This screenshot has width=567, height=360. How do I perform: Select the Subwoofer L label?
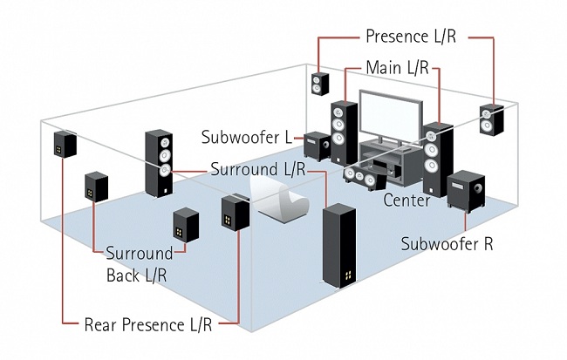tap(249, 137)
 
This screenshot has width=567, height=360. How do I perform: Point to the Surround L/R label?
tap(257, 168)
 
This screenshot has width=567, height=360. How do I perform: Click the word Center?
tap(406, 200)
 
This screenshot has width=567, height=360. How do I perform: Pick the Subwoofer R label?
tap(447, 243)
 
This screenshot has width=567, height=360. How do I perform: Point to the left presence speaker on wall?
tap(321, 84)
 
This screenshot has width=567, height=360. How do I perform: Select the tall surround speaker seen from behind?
tap(339, 247)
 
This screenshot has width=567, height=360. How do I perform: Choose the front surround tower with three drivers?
tap(159, 161)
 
